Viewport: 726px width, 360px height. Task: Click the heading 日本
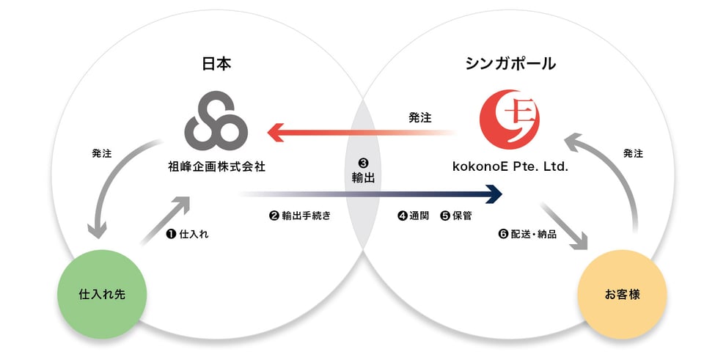tap(216, 64)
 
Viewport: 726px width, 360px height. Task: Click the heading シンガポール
tap(510, 64)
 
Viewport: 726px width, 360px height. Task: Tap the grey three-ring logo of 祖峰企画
tap(216, 120)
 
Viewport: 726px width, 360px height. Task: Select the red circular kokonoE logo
tap(510, 120)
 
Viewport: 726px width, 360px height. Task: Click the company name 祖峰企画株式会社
tap(216, 166)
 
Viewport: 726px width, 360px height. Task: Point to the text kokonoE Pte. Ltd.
tap(510, 166)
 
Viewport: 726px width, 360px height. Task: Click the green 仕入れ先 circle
tap(102, 294)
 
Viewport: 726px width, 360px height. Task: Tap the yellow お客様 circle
tap(623, 294)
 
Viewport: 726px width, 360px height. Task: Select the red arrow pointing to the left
tap(361, 133)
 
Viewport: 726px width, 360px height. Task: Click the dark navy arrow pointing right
tap(370, 194)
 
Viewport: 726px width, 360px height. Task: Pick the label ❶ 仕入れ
tap(187, 234)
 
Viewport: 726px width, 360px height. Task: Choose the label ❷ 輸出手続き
tap(300, 216)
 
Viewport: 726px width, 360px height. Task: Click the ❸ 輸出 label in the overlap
tap(363, 172)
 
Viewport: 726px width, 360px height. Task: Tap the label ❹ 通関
tap(414, 216)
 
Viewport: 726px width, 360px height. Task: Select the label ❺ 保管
tap(456, 216)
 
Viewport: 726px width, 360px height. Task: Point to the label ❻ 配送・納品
tap(527, 234)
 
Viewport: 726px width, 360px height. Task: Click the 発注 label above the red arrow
tap(420, 117)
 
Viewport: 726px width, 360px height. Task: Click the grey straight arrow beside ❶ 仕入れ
tap(166, 220)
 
